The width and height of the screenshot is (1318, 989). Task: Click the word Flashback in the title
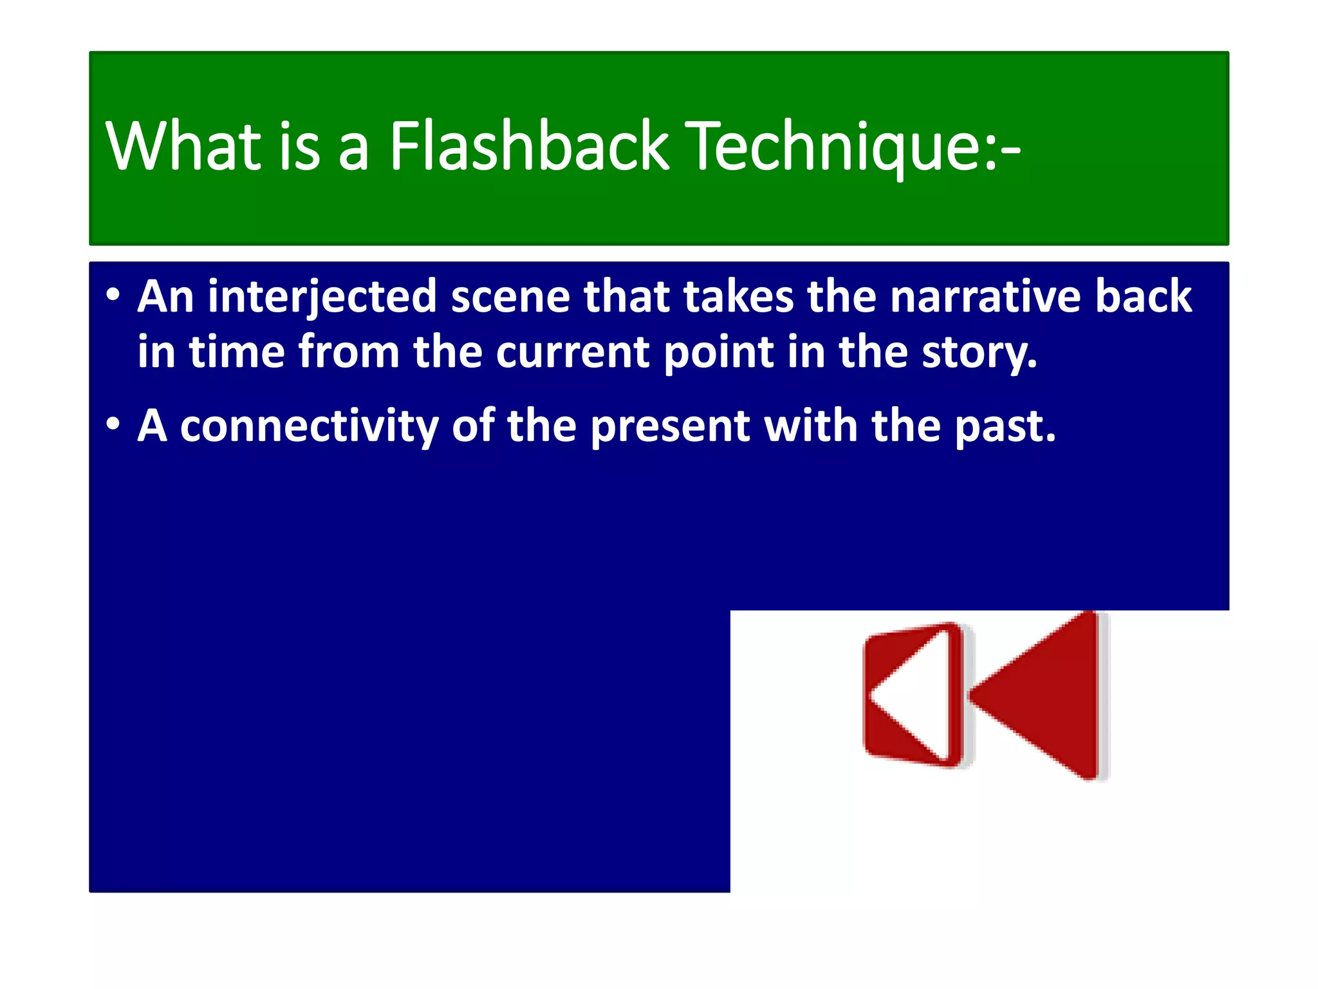tap(529, 147)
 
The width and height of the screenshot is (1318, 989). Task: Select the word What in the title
tap(184, 147)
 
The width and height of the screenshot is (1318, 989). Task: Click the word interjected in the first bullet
tap(322, 297)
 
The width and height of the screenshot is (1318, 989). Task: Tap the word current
tap(573, 353)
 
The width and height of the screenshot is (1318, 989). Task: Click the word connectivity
tap(309, 427)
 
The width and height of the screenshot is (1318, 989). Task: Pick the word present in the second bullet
tap(670, 427)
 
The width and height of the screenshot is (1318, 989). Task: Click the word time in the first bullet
tap(236, 352)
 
